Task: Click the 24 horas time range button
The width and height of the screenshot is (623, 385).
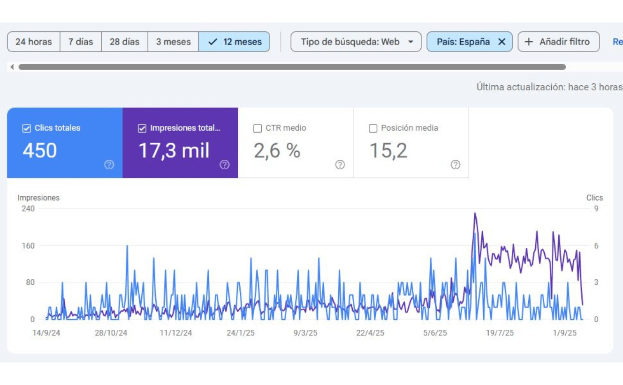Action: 34,42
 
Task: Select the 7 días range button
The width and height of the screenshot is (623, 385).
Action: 81,42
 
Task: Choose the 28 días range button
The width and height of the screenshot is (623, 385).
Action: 125,42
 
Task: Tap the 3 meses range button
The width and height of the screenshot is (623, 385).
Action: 173,42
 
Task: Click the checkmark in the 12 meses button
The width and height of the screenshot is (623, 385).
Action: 213,42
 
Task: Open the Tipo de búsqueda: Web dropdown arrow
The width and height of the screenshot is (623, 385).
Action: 410,42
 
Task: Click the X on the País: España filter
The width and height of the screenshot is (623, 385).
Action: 502,42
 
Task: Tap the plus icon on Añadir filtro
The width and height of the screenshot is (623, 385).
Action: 528,42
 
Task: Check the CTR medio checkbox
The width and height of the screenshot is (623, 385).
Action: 258,128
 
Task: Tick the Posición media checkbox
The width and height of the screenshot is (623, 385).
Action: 373,128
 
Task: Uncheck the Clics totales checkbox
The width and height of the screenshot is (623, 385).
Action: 26,128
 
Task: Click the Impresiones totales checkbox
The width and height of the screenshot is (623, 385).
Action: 142,128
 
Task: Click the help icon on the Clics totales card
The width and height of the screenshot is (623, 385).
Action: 109,164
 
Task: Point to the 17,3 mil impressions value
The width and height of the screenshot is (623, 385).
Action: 174,151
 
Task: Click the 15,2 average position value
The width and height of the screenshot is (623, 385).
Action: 388,151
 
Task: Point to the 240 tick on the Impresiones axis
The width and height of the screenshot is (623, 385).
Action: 28,209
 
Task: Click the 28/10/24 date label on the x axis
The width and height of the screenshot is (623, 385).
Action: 111,333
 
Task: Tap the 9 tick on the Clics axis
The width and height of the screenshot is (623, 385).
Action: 596,209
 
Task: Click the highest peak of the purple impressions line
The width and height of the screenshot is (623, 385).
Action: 475,213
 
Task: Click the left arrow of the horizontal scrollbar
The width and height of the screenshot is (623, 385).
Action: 12,67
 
